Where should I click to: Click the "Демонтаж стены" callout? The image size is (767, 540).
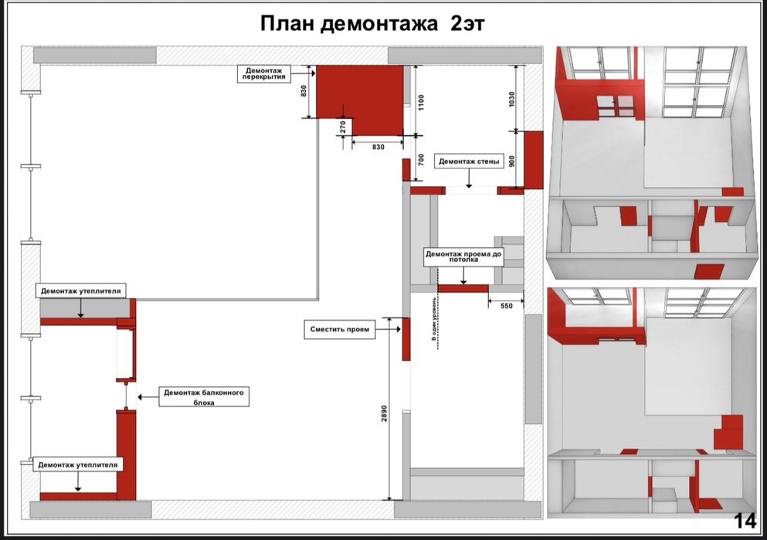tap(467, 161)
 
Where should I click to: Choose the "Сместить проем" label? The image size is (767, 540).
tap(340, 330)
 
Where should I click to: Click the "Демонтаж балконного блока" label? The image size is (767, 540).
tap(204, 397)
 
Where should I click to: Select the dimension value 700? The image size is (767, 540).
tap(421, 161)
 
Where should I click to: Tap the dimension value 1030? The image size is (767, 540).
tap(511, 99)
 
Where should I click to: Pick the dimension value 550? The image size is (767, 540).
tap(506, 306)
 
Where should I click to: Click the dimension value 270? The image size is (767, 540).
tap(343, 128)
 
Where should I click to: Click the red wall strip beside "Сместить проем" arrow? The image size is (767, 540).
tap(406, 338)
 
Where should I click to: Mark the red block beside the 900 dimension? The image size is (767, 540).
tap(533, 160)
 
